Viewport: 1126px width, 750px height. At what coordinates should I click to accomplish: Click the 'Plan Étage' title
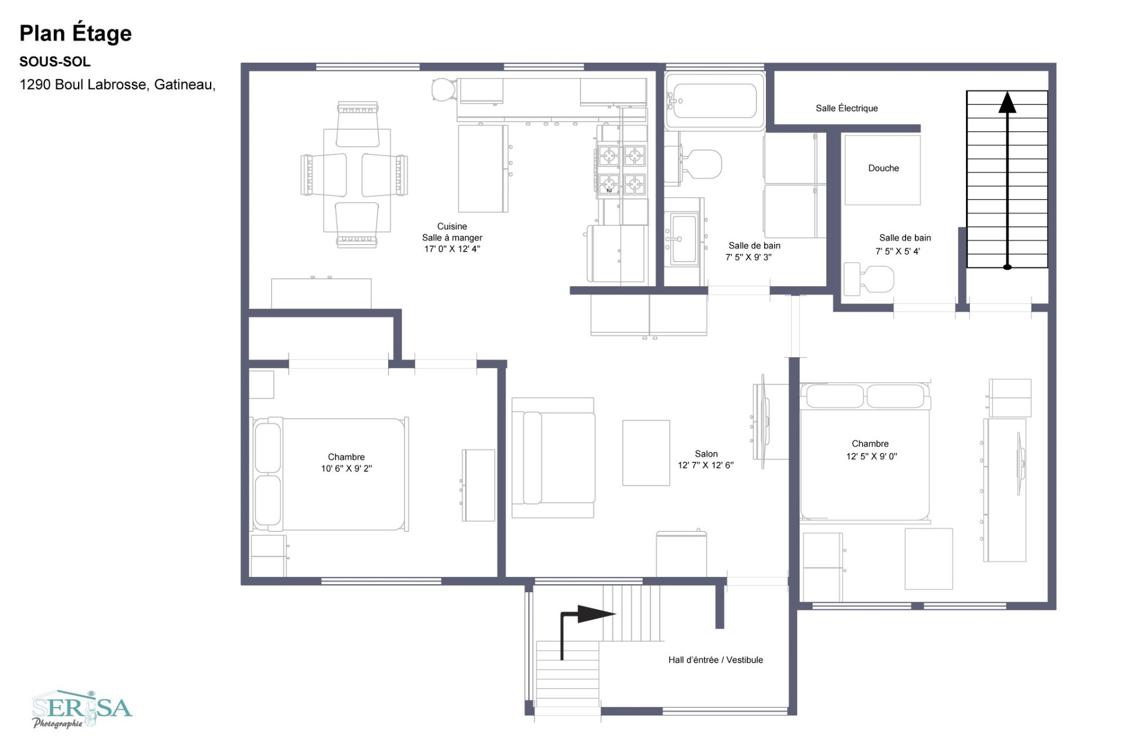(x=75, y=33)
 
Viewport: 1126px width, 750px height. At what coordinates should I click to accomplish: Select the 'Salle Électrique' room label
(x=846, y=108)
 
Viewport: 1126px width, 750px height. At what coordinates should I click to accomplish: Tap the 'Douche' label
(x=883, y=168)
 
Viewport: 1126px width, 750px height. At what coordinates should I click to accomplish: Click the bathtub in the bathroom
(x=714, y=101)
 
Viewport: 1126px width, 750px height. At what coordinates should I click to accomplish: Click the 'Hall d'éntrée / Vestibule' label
(x=715, y=660)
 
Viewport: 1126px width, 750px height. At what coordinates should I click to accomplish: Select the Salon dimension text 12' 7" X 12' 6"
(x=706, y=465)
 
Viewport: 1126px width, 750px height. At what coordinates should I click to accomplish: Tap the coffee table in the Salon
(x=646, y=453)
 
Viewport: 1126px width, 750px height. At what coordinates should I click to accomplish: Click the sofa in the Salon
(x=553, y=457)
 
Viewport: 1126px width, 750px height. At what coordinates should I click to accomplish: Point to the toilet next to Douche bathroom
(x=869, y=280)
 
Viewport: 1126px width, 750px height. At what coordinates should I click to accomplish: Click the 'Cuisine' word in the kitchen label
(x=452, y=226)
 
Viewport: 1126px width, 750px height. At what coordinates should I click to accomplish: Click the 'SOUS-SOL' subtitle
(x=55, y=62)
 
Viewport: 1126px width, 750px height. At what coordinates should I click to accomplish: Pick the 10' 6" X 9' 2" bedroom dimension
(x=346, y=469)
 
